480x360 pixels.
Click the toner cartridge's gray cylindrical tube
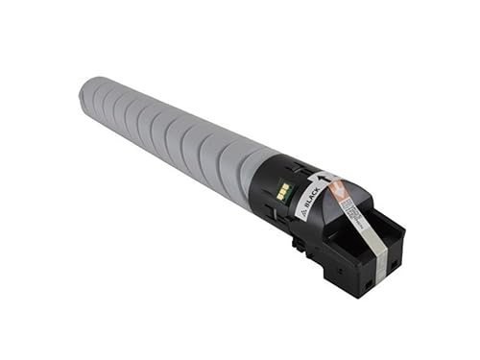(163, 134)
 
